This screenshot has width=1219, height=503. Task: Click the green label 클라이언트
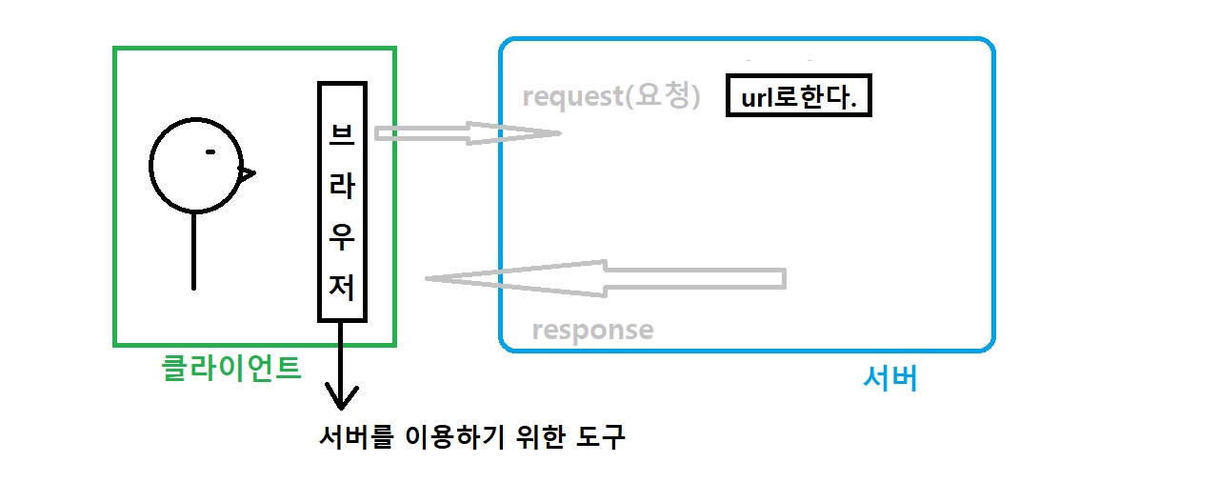click(232, 368)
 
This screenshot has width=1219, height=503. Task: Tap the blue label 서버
click(889, 379)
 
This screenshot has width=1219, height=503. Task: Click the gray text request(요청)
click(611, 97)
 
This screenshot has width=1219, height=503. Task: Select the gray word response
click(592, 331)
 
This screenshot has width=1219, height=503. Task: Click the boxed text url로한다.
click(798, 96)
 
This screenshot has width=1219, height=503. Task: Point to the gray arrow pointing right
click(467, 133)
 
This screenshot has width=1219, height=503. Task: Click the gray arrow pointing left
click(605, 277)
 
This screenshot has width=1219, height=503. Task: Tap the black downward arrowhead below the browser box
click(341, 395)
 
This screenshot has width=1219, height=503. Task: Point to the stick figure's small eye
click(210, 151)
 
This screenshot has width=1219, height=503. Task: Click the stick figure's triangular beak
click(247, 173)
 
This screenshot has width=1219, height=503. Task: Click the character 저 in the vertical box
click(342, 287)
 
